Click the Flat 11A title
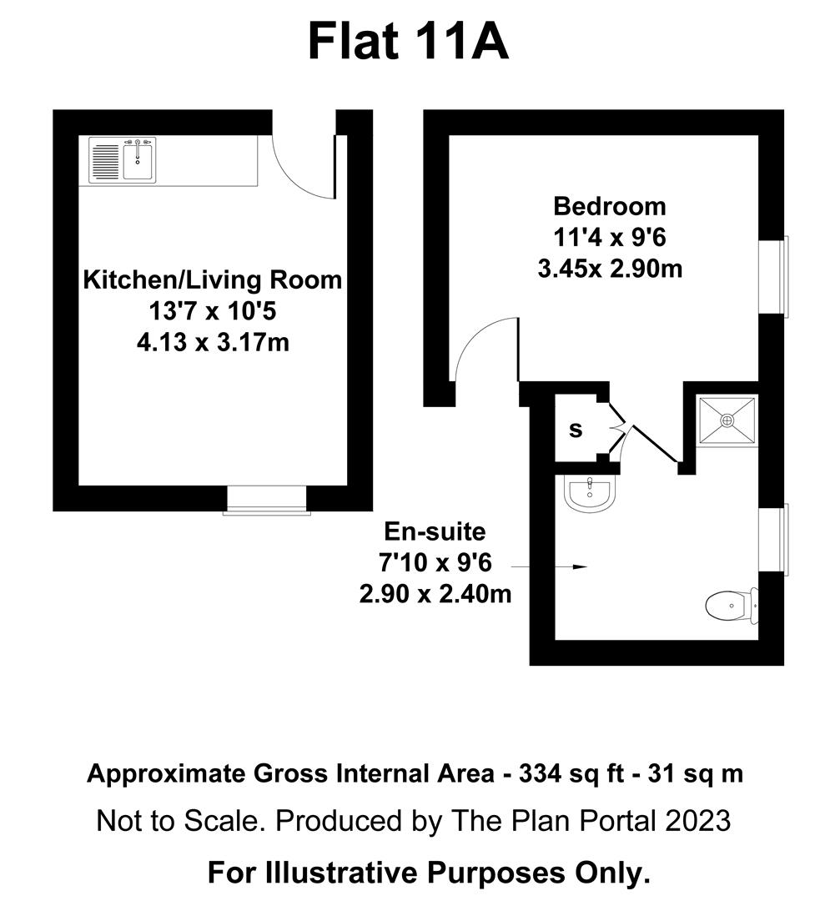pos(408,41)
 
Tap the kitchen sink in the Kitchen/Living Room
pos(138,159)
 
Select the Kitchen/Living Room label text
pos(212,279)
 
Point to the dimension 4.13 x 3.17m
pos(213,341)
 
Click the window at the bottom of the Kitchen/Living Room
pos(267,501)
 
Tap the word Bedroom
pos(611,205)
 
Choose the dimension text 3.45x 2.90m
pos(611,269)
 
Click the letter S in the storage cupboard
pos(576,430)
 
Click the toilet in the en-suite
pos(731,605)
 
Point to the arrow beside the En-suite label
pos(550,566)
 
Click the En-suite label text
pos(434,531)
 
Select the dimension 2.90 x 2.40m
pos(434,595)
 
